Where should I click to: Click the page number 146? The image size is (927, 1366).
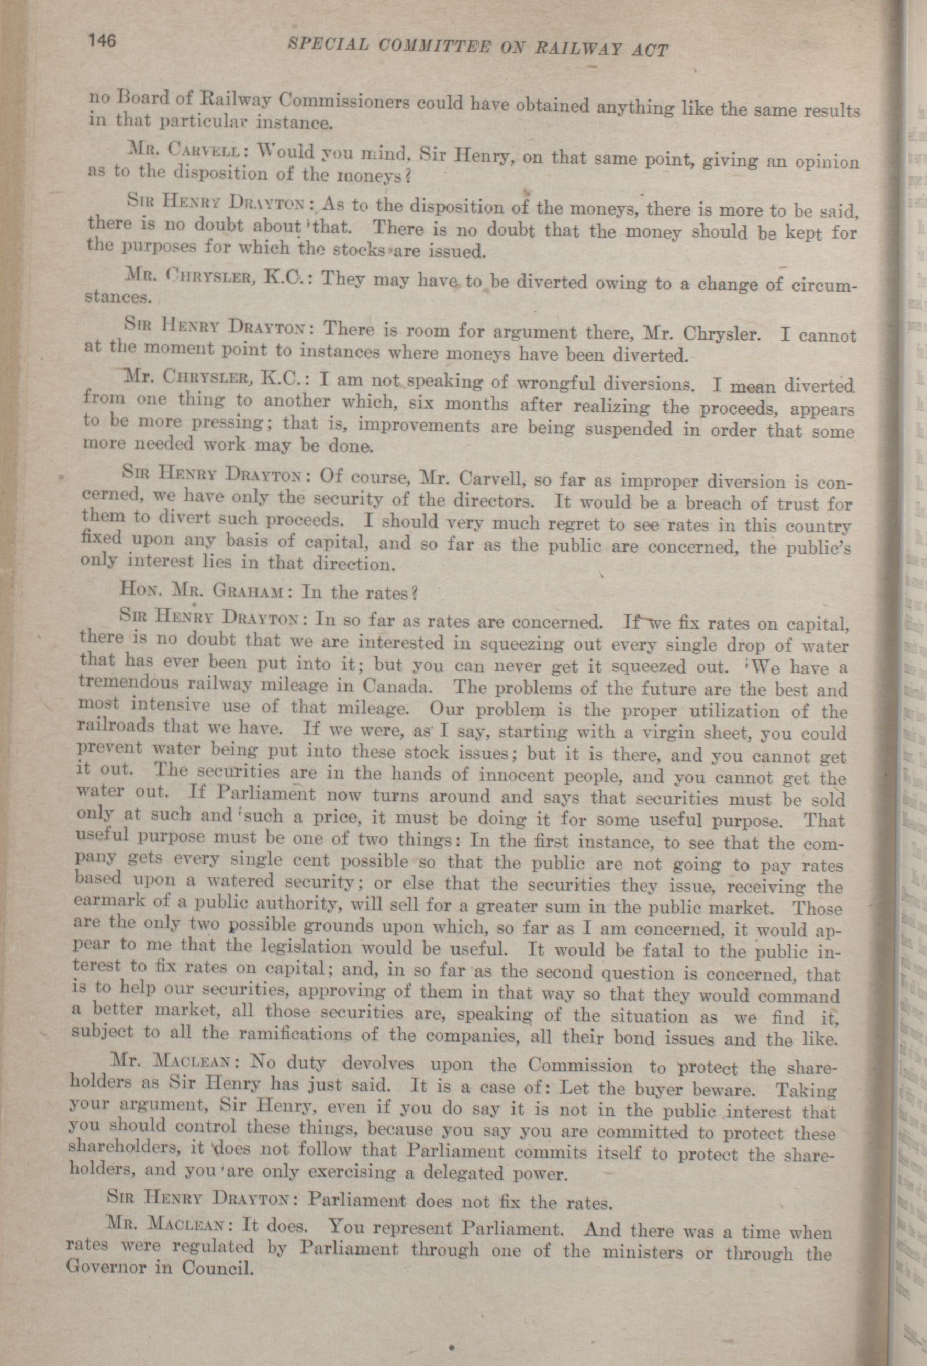coord(102,41)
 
